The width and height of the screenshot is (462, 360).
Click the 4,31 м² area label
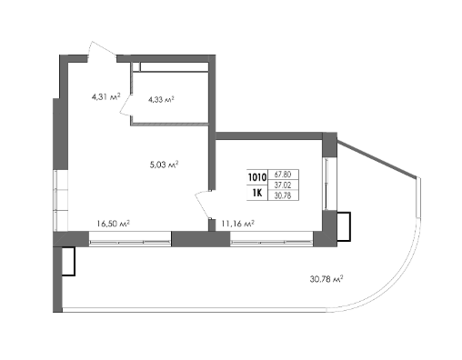point(105,97)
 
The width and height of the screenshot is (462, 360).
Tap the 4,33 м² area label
point(161,99)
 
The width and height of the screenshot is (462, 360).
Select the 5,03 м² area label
point(164,165)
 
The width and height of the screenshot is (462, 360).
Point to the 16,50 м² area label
point(114,224)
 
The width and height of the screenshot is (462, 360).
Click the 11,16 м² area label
point(237,224)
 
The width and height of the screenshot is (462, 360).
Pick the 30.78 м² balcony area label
point(326,278)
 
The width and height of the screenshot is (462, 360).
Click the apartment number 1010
point(257,177)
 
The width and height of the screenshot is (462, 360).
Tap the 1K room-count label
point(257,193)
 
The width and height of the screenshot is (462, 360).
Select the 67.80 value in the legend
point(283,175)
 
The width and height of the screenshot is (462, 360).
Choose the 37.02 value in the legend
point(283,185)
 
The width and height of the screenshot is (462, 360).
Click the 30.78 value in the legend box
point(283,196)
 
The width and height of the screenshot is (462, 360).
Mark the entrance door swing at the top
point(101,51)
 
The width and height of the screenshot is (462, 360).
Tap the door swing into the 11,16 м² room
point(203,205)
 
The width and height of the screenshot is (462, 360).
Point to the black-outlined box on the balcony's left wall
point(68,262)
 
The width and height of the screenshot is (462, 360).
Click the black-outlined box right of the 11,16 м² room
point(344,226)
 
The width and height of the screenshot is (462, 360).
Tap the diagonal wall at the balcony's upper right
point(377,159)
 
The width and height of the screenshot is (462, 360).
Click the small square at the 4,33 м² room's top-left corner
point(136,66)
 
